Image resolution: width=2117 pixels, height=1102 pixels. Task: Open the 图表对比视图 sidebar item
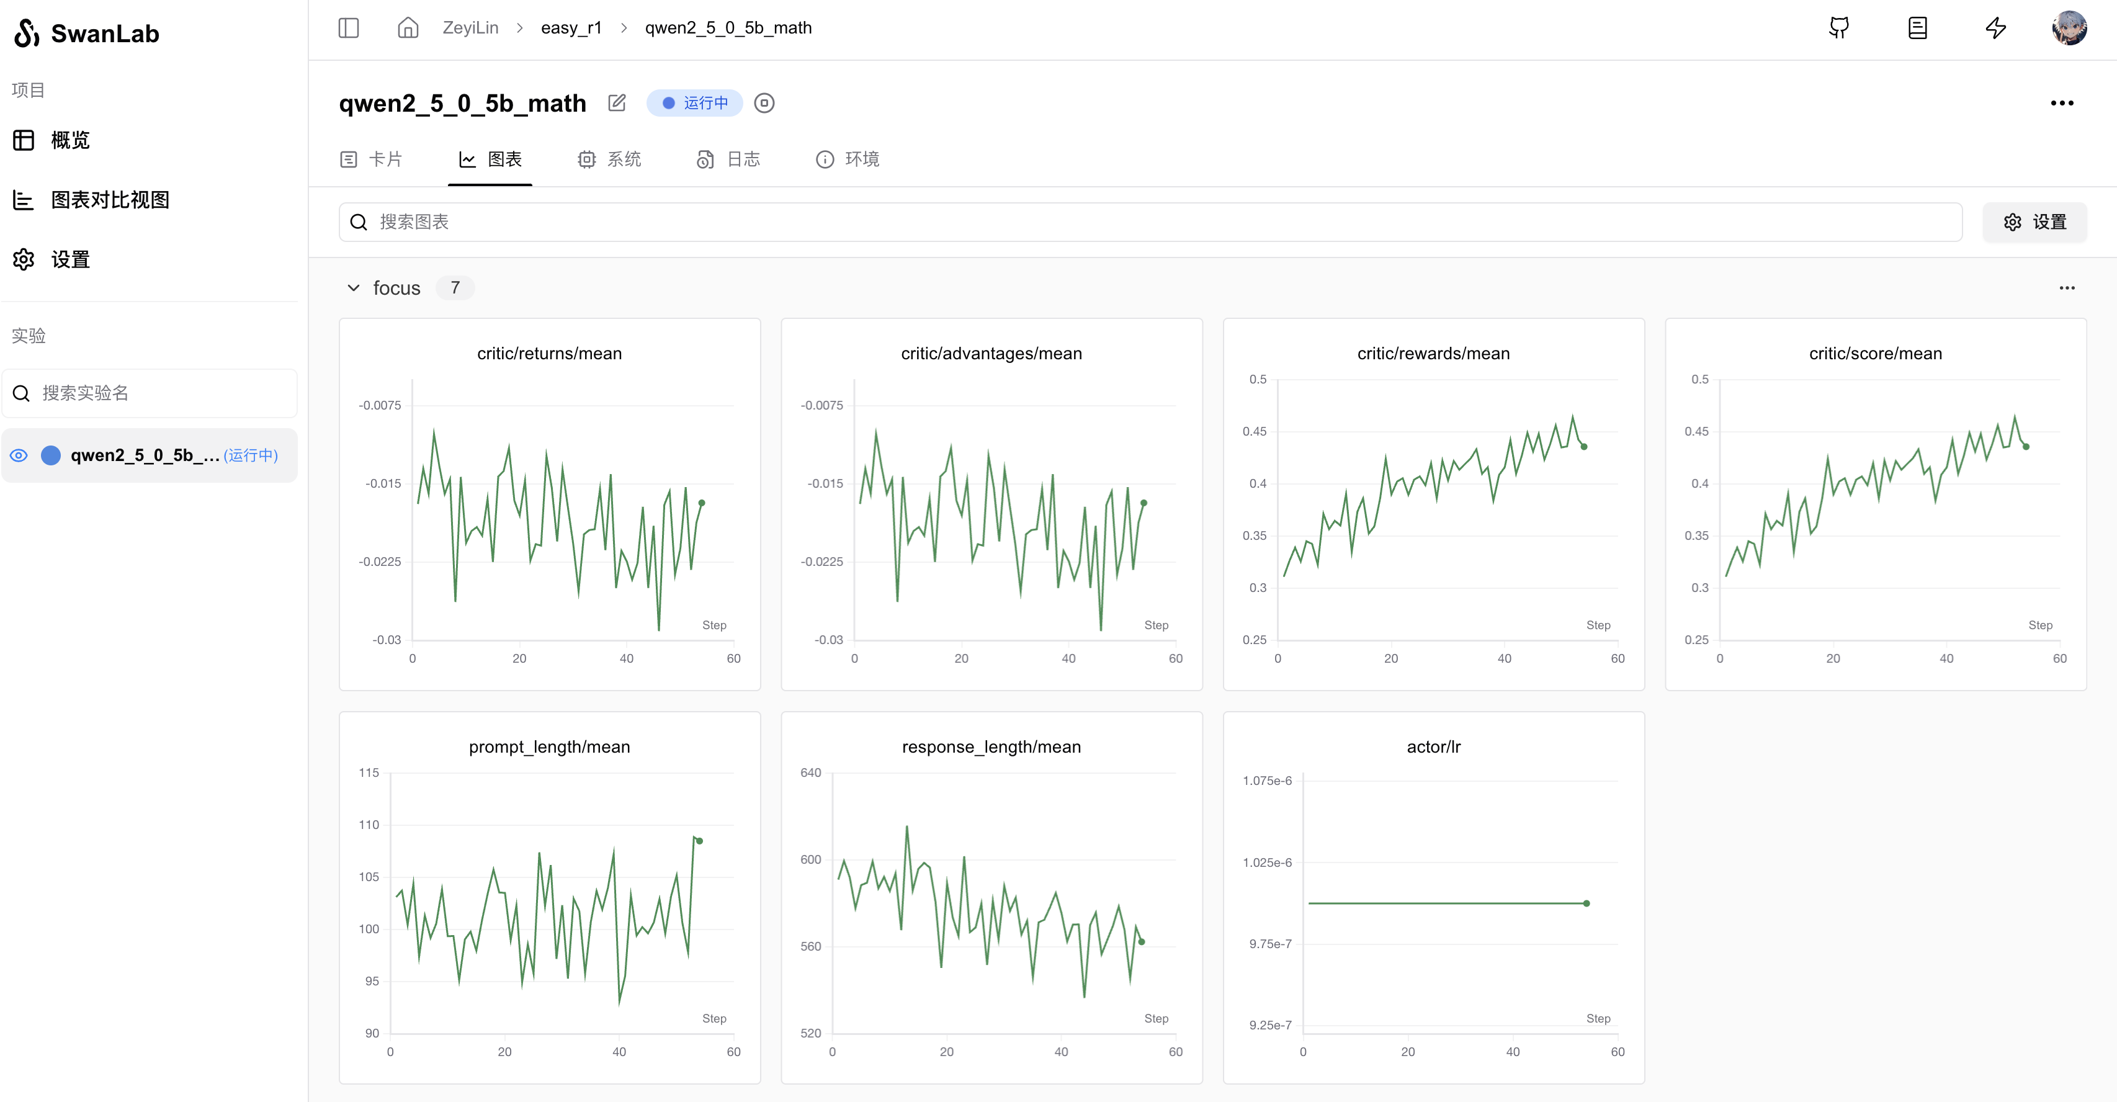click(109, 200)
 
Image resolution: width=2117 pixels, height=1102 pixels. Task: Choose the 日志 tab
click(728, 159)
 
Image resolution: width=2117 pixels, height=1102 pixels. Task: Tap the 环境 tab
click(848, 159)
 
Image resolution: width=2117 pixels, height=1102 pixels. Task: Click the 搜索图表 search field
click(1150, 222)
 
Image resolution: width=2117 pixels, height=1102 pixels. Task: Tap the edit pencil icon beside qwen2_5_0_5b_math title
click(616, 103)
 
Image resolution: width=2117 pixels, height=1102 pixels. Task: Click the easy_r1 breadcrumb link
click(571, 28)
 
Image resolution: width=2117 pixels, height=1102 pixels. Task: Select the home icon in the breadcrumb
click(408, 28)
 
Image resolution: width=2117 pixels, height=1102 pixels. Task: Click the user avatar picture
click(2069, 28)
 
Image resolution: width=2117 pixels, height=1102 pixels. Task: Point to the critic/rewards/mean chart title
click(1433, 353)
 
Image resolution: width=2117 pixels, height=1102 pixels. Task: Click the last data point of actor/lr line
click(1586, 903)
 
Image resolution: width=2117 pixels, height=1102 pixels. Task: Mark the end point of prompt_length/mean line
click(699, 841)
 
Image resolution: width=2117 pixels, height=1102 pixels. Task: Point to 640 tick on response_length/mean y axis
click(810, 773)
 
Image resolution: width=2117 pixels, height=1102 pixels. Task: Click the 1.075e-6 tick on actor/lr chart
click(1266, 781)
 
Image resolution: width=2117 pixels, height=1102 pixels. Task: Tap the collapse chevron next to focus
click(354, 288)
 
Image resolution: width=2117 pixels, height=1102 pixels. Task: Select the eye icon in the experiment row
click(19, 455)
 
